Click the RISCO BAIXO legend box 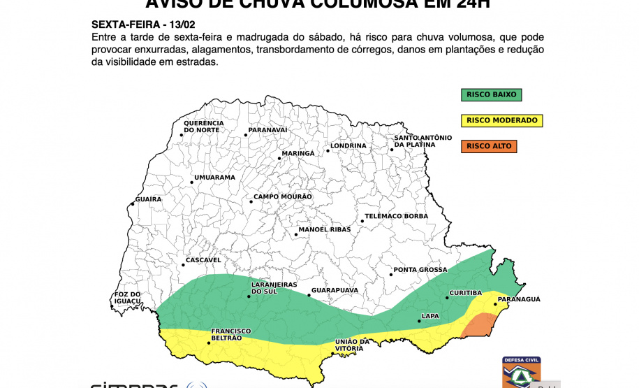[491, 94]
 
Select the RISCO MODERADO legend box [501, 120]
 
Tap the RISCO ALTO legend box [488, 146]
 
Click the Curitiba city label [465, 292]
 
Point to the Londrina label [348, 145]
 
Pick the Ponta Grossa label [420, 269]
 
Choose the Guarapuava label [335, 289]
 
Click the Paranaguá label [518, 299]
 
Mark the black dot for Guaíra [132, 205]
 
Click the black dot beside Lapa [419, 322]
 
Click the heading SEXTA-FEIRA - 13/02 [133, 24]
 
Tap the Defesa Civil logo [521, 371]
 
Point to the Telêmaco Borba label [396, 216]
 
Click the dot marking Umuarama [190, 183]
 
